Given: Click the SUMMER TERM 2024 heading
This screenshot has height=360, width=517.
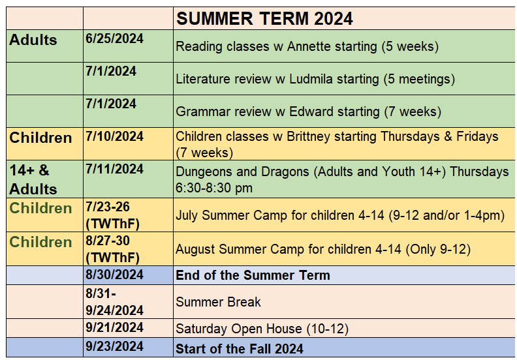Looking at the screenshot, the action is [264, 18].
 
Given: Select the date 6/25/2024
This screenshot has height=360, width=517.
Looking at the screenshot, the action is [114, 38].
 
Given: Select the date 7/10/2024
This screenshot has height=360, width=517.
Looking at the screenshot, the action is [114, 136].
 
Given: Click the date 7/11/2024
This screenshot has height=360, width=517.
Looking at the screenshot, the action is [114, 169].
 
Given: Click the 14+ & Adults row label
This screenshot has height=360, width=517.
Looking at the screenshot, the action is [33, 179].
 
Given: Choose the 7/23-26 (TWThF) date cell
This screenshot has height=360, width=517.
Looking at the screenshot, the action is [112, 215].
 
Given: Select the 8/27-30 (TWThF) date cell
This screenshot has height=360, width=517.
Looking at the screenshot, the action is [112, 249].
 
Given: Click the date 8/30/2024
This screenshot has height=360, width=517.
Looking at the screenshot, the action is [114, 275].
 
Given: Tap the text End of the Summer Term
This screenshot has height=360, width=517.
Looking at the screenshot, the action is [253, 275].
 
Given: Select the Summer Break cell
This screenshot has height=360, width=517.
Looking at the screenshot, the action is [218, 302].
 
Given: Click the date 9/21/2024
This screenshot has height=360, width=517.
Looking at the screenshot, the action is [114, 327].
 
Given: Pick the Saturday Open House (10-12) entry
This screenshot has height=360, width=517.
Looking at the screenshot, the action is [262, 329].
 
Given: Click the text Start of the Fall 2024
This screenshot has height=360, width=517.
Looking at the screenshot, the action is [240, 349].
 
